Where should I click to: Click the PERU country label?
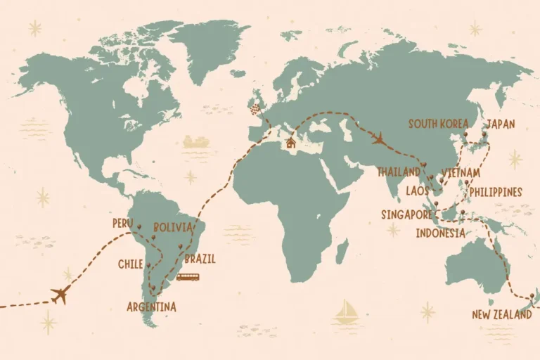122,223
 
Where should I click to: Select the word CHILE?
131,264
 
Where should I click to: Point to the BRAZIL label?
200,259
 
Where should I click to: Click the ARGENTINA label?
152,307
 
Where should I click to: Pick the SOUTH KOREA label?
438,124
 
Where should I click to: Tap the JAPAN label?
501,124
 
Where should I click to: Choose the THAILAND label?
399,172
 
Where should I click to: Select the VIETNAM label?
461,172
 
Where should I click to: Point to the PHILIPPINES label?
496,191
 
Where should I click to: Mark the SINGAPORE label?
406,214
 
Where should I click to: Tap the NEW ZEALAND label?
502,315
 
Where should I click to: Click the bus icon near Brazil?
187,277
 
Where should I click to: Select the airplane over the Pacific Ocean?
61,295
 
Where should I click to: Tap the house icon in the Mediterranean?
290,143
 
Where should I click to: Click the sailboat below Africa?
345,311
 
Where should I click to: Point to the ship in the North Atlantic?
196,141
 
